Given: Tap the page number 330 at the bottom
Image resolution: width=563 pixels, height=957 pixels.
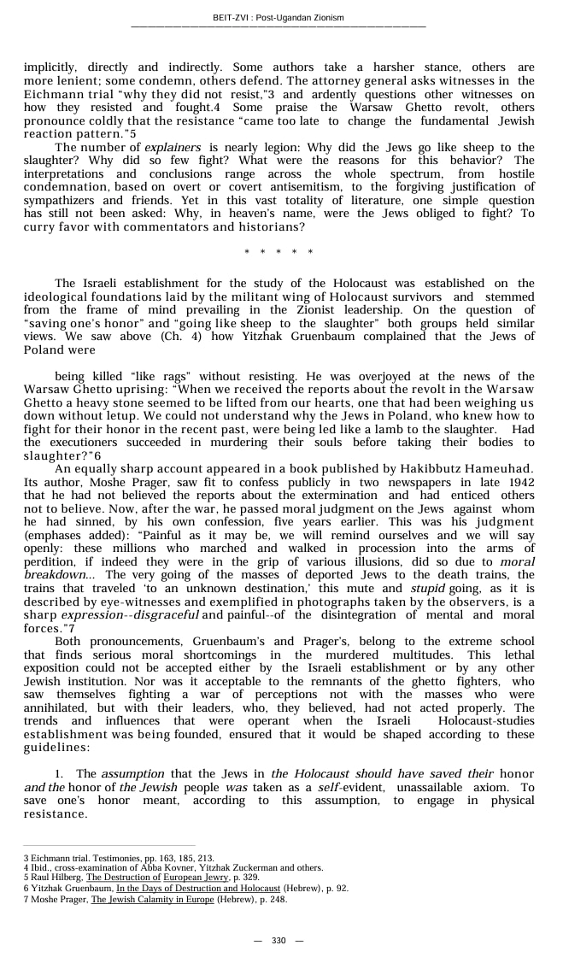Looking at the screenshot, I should point(279,940).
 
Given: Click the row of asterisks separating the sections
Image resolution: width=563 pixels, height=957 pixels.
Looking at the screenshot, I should point(279,252).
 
